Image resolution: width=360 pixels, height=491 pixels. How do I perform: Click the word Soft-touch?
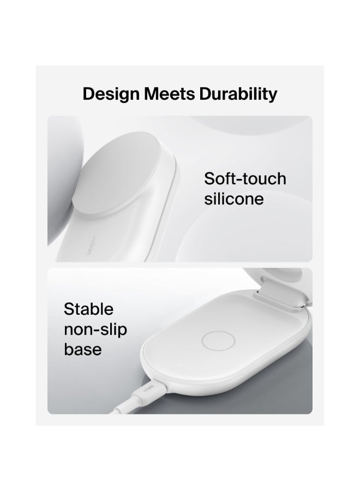pyautogui.click(x=245, y=178)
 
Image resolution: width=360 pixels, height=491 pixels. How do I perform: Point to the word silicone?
pyautogui.click(x=233, y=199)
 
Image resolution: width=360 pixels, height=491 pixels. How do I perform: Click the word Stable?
pyautogui.click(x=89, y=309)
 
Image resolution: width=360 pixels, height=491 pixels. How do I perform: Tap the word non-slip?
pyautogui.click(x=95, y=330)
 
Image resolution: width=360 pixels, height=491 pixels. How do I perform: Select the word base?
pyautogui.click(x=83, y=349)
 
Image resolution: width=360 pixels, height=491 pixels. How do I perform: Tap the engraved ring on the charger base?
pyautogui.click(x=218, y=342)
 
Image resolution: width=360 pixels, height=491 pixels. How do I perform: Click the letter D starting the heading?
pyautogui.click(x=89, y=93)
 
